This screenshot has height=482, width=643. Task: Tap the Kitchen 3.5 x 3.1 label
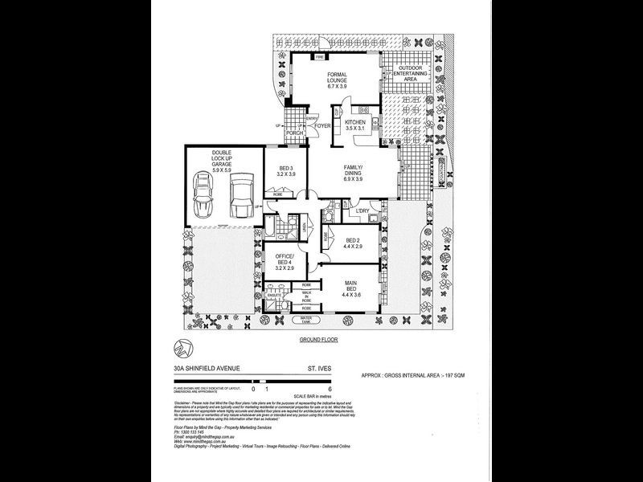point(354,125)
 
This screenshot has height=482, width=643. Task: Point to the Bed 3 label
point(286,170)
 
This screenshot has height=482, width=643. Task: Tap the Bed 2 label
point(353,243)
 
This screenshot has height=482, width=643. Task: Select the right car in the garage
point(241,195)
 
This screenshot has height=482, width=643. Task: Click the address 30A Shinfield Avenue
point(211,370)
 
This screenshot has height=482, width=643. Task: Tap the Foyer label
point(322,127)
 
